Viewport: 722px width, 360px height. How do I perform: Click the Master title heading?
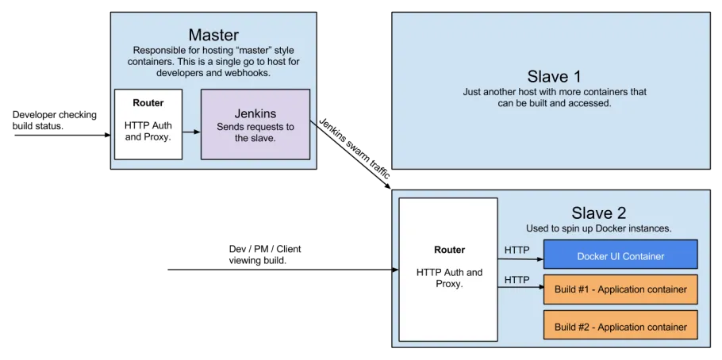click(x=213, y=35)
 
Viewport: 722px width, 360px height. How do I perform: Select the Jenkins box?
click(x=255, y=124)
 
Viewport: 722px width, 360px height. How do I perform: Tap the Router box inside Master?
click(x=148, y=124)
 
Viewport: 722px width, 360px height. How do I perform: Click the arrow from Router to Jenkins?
click(x=191, y=132)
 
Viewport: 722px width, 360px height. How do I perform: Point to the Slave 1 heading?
click(x=554, y=77)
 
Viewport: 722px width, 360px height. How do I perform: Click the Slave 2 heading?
click(x=598, y=213)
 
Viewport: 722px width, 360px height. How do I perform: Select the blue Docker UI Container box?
click(x=620, y=255)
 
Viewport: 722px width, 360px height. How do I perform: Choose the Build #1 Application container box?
click(x=620, y=289)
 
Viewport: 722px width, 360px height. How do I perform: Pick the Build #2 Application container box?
click(x=620, y=326)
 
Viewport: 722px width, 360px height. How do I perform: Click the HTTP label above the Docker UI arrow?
click(x=517, y=251)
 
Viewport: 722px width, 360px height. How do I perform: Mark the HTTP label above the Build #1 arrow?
click(x=517, y=279)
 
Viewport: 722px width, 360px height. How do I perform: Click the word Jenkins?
click(x=255, y=113)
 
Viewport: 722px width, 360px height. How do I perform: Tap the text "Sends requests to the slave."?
click(x=255, y=132)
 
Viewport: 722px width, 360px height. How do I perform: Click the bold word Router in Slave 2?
click(x=449, y=249)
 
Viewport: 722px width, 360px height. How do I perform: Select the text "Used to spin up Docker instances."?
click(x=598, y=228)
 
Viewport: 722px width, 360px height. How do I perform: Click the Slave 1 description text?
click(x=554, y=98)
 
